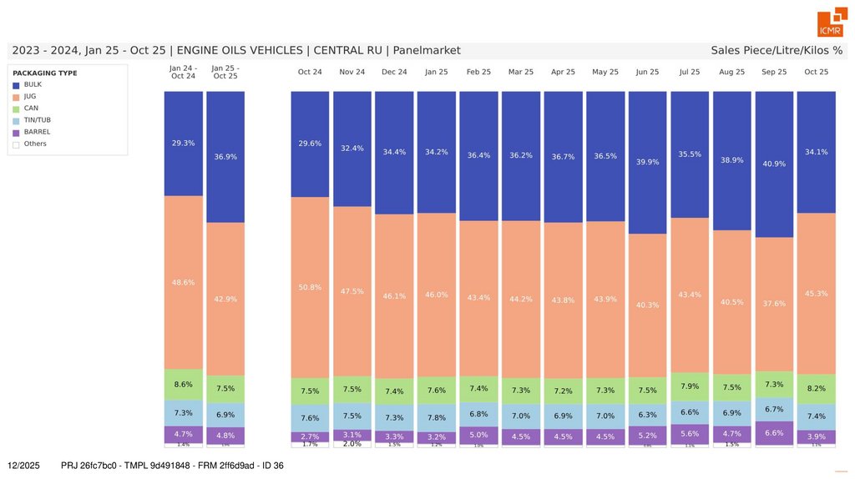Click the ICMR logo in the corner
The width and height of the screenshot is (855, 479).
coord(832,24)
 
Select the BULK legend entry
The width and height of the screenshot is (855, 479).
coord(33,85)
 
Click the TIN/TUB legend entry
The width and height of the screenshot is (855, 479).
coord(37,120)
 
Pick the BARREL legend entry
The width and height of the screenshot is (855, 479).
coord(37,132)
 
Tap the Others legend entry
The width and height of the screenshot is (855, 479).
coord(34,144)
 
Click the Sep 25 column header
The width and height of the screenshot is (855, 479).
coord(774,73)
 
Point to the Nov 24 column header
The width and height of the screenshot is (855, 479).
coord(352,73)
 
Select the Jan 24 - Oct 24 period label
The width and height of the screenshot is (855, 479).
coord(183,72)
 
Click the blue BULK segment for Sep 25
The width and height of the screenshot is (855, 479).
coord(774,164)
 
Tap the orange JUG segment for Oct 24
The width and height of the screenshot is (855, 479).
coord(310,288)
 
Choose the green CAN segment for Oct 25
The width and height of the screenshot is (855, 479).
coord(816,389)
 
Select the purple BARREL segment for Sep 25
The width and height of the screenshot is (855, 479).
coord(774,433)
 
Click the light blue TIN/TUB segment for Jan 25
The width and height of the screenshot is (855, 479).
coord(436,418)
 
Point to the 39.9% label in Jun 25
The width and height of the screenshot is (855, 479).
coord(647,162)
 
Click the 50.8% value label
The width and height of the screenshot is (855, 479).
coord(310,288)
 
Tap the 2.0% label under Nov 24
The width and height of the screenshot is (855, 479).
coord(352,444)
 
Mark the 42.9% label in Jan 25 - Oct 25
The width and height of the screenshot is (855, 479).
coord(225,299)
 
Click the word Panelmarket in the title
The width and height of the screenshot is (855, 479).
coord(427,51)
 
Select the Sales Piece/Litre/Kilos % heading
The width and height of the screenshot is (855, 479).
coord(777,51)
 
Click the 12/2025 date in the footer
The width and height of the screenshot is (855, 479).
coord(23,465)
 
